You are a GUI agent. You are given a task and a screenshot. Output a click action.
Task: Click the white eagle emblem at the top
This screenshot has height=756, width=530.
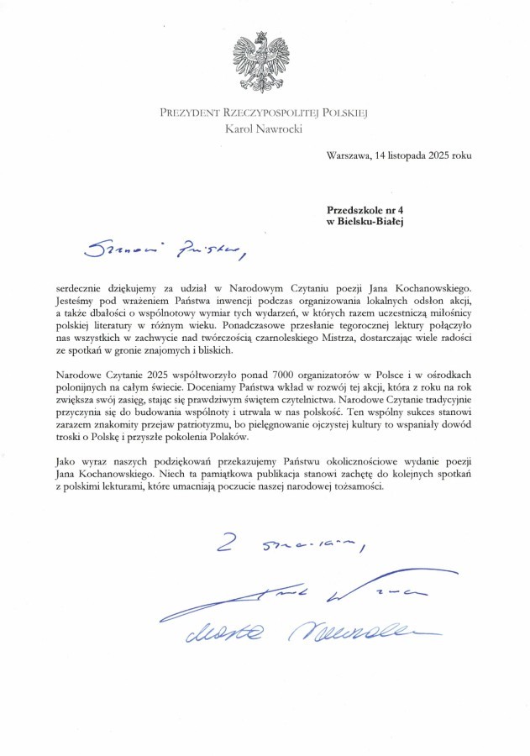click(265, 60)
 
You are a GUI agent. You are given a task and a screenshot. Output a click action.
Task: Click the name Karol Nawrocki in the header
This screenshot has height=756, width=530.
click(265, 129)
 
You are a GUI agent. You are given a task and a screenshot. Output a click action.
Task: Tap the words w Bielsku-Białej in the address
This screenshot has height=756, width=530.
click(365, 221)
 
